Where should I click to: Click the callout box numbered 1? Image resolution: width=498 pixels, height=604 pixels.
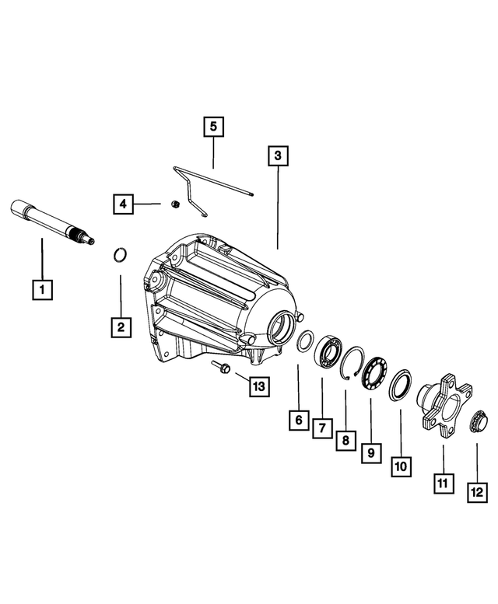point(42,290)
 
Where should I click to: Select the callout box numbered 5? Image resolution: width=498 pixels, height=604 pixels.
point(215,127)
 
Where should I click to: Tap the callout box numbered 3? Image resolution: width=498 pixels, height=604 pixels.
point(278,157)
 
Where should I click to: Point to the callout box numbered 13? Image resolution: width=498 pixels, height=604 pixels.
point(258,386)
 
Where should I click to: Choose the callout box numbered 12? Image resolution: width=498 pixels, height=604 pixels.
point(476,491)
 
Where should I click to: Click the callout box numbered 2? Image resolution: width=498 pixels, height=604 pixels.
point(121,327)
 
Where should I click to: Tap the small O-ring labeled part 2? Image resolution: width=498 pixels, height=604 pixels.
point(120,255)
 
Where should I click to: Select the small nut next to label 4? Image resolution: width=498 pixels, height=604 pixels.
point(176,204)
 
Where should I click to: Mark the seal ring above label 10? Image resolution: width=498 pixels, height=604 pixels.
point(399,384)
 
